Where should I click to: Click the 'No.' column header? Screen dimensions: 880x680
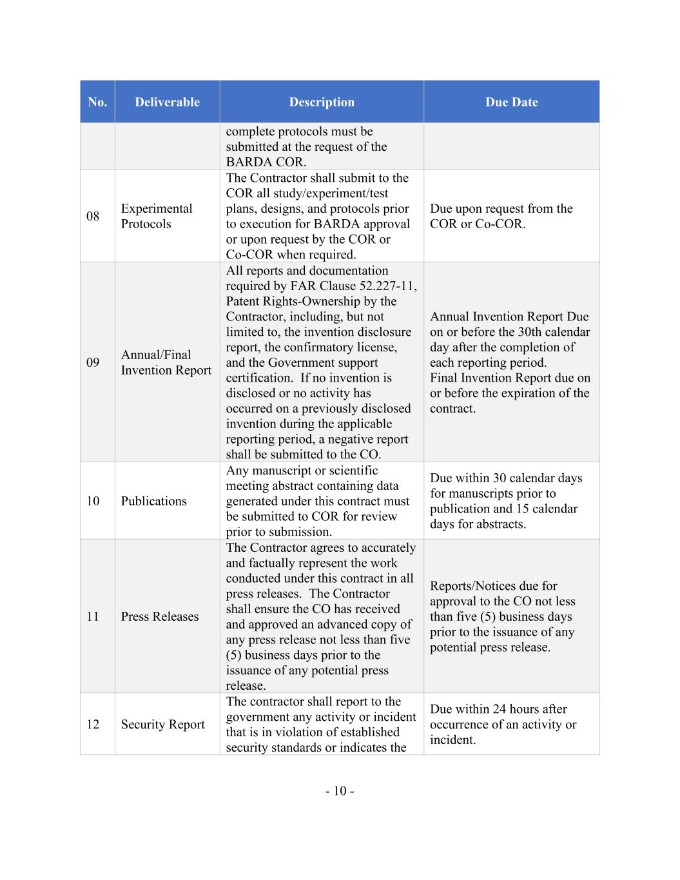97,102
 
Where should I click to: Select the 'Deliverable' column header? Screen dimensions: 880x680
167,102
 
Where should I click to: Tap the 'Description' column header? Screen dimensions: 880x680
322,102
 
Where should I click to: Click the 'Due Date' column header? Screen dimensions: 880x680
511,102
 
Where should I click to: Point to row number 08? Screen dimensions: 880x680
93,216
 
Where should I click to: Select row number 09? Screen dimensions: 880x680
93,362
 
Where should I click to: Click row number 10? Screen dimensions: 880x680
93,501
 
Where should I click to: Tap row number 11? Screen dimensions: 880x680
93,616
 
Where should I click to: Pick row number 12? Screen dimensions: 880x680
93,725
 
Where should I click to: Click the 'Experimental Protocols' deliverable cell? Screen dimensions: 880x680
157,216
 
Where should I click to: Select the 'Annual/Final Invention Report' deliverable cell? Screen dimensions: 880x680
166,362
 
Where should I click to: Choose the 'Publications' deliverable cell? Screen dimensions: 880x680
153,501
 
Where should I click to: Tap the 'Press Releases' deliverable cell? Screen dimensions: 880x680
160,616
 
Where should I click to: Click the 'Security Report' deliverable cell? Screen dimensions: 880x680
162,725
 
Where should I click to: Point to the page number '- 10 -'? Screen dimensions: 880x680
340,791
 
